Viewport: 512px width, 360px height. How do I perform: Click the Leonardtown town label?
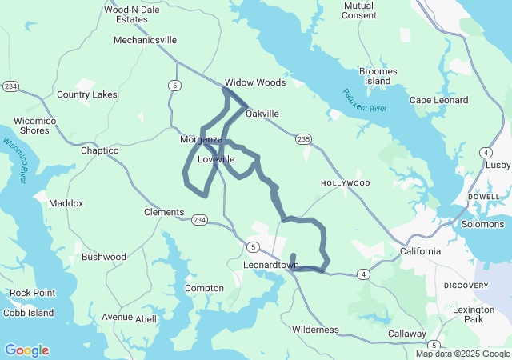click(x=270, y=264)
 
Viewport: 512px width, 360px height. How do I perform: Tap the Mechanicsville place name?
click(x=145, y=40)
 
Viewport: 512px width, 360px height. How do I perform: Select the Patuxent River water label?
click(x=365, y=101)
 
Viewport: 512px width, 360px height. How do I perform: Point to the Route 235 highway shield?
click(x=302, y=139)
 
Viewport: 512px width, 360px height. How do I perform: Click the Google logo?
click(x=26, y=350)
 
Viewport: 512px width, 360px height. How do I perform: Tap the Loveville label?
click(x=215, y=159)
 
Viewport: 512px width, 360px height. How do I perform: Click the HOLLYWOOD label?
click(x=346, y=183)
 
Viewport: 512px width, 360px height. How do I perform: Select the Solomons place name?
click(x=482, y=224)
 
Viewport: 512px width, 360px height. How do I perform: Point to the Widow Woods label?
click(x=254, y=82)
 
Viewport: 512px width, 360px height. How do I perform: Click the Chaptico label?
click(x=100, y=150)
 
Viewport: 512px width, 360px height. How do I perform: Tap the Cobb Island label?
click(x=27, y=313)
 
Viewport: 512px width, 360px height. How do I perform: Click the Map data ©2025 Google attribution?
click(x=462, y=354)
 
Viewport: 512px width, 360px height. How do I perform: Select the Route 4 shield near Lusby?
click(x=486, y=152)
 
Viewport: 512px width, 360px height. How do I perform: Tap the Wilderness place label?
click(x=315, y=330)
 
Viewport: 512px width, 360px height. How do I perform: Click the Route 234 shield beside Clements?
click(x=199, y=220)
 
